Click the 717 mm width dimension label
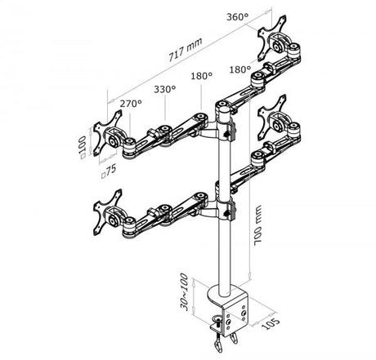[186, 50]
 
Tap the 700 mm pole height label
[257, 225]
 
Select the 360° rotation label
[238, 17]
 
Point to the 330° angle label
[165, 89]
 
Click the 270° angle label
[131, 104]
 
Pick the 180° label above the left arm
[201, 76]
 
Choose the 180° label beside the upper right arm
[239, 69]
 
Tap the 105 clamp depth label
[271, 323]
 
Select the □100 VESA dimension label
[83, 147]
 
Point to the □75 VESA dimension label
[109, 171]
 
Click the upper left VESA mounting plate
[106, 133]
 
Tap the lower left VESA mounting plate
[106, 212]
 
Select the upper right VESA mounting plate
[271, 38]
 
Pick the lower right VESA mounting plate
[271, 118]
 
